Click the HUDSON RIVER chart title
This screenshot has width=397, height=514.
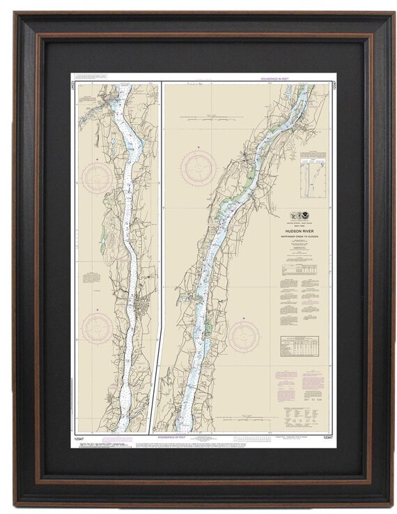298,227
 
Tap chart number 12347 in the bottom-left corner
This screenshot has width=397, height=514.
78,437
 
